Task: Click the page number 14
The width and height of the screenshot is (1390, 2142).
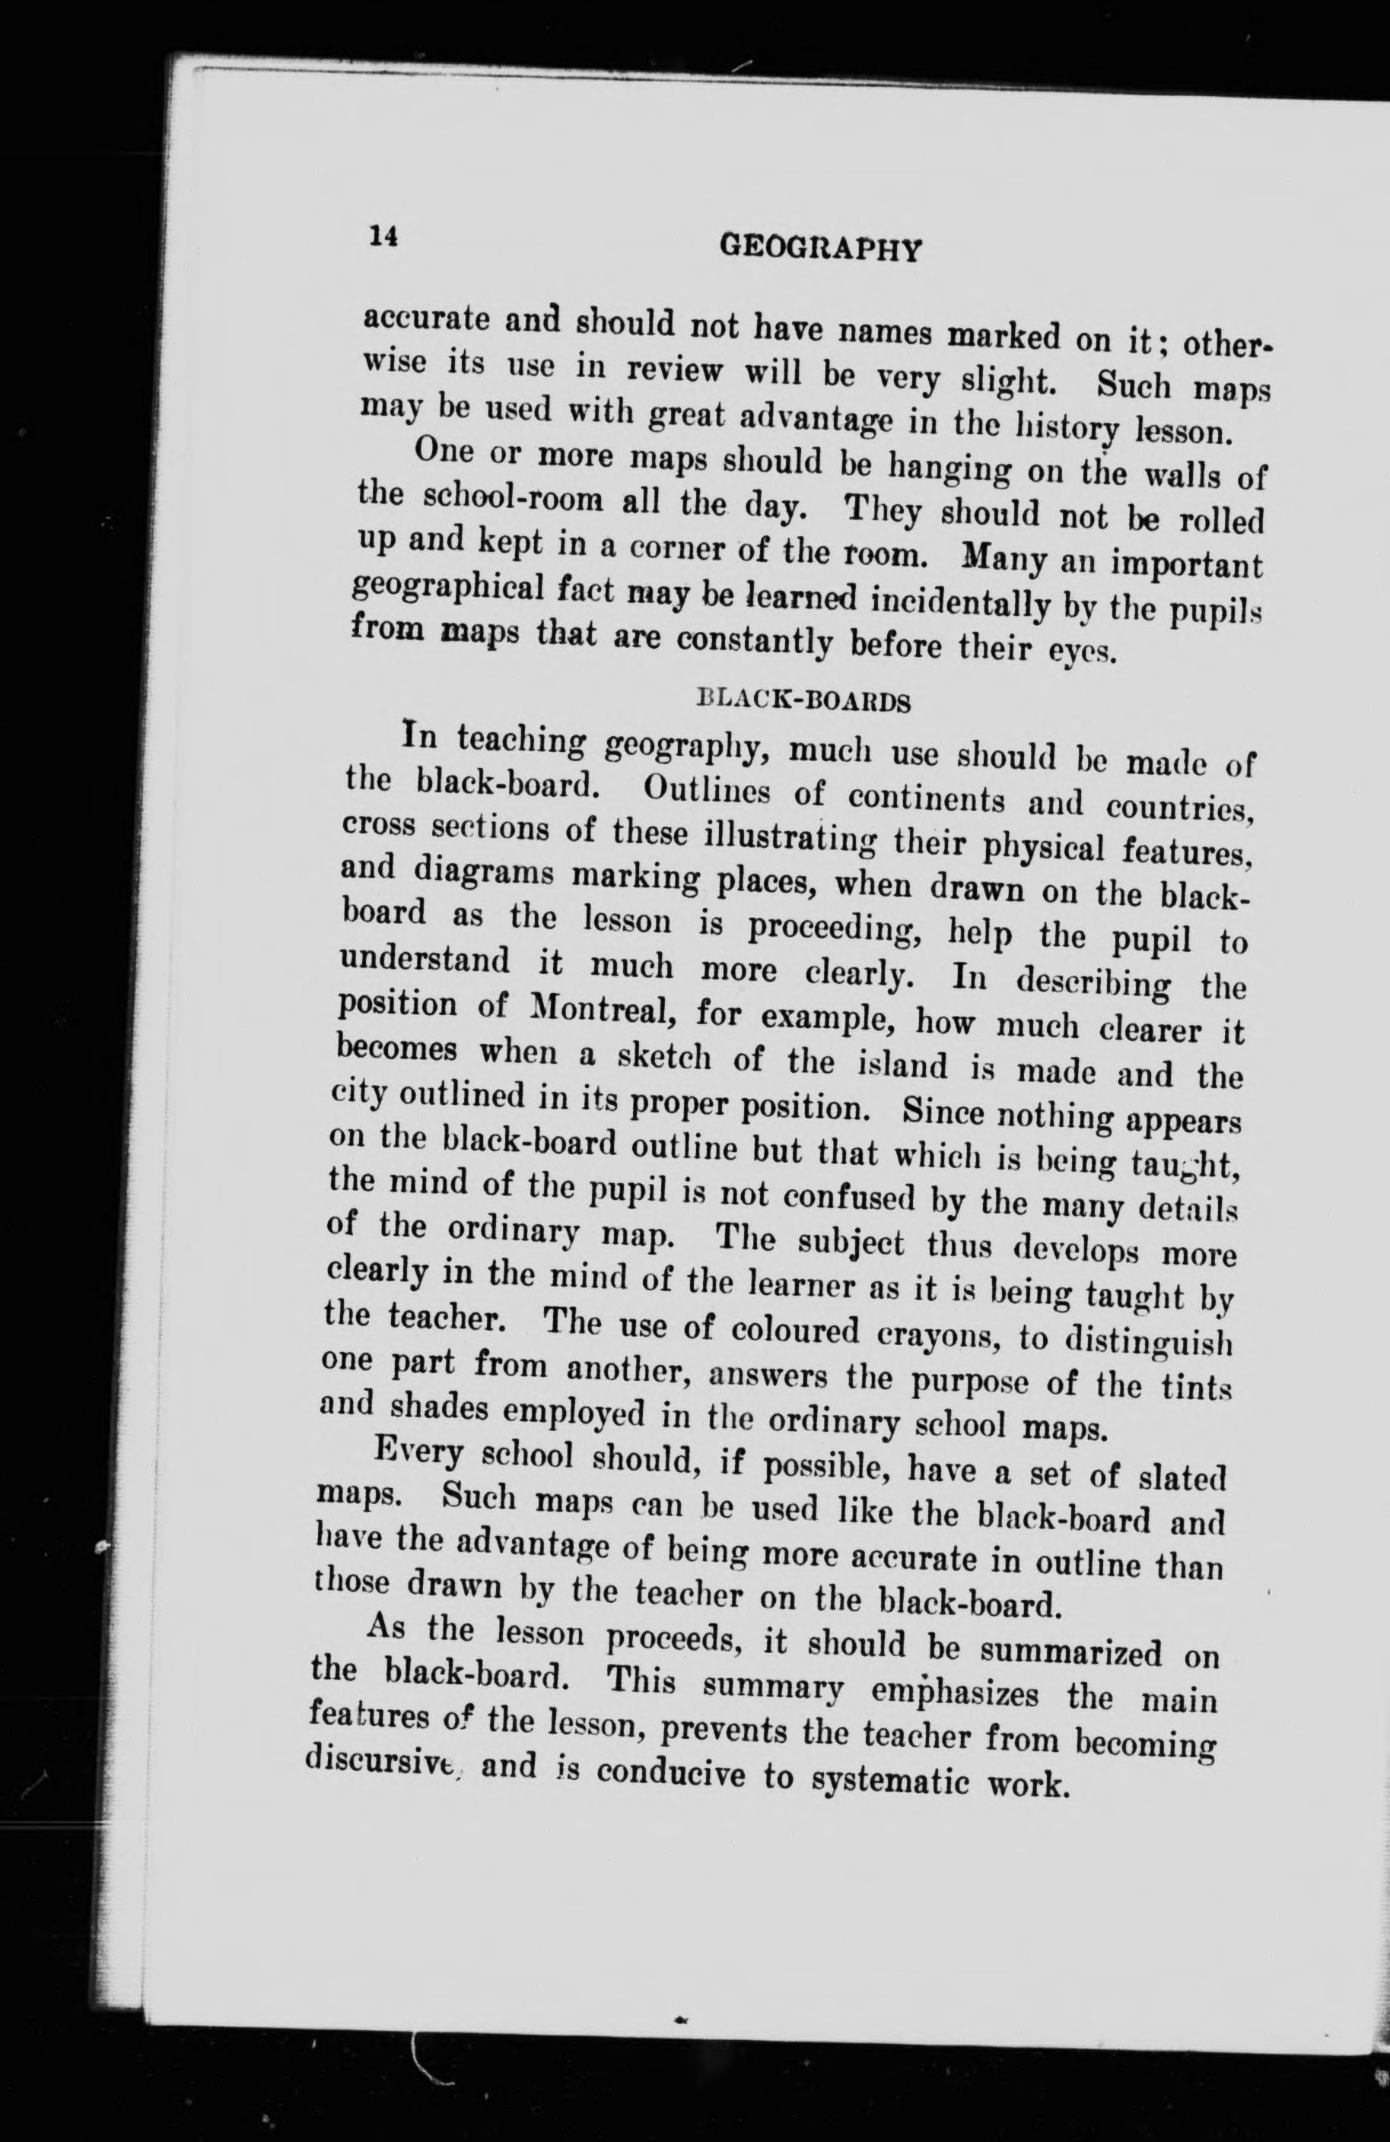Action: [x=382, y=236]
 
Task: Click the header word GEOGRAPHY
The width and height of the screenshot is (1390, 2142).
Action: [x=821, y=247]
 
